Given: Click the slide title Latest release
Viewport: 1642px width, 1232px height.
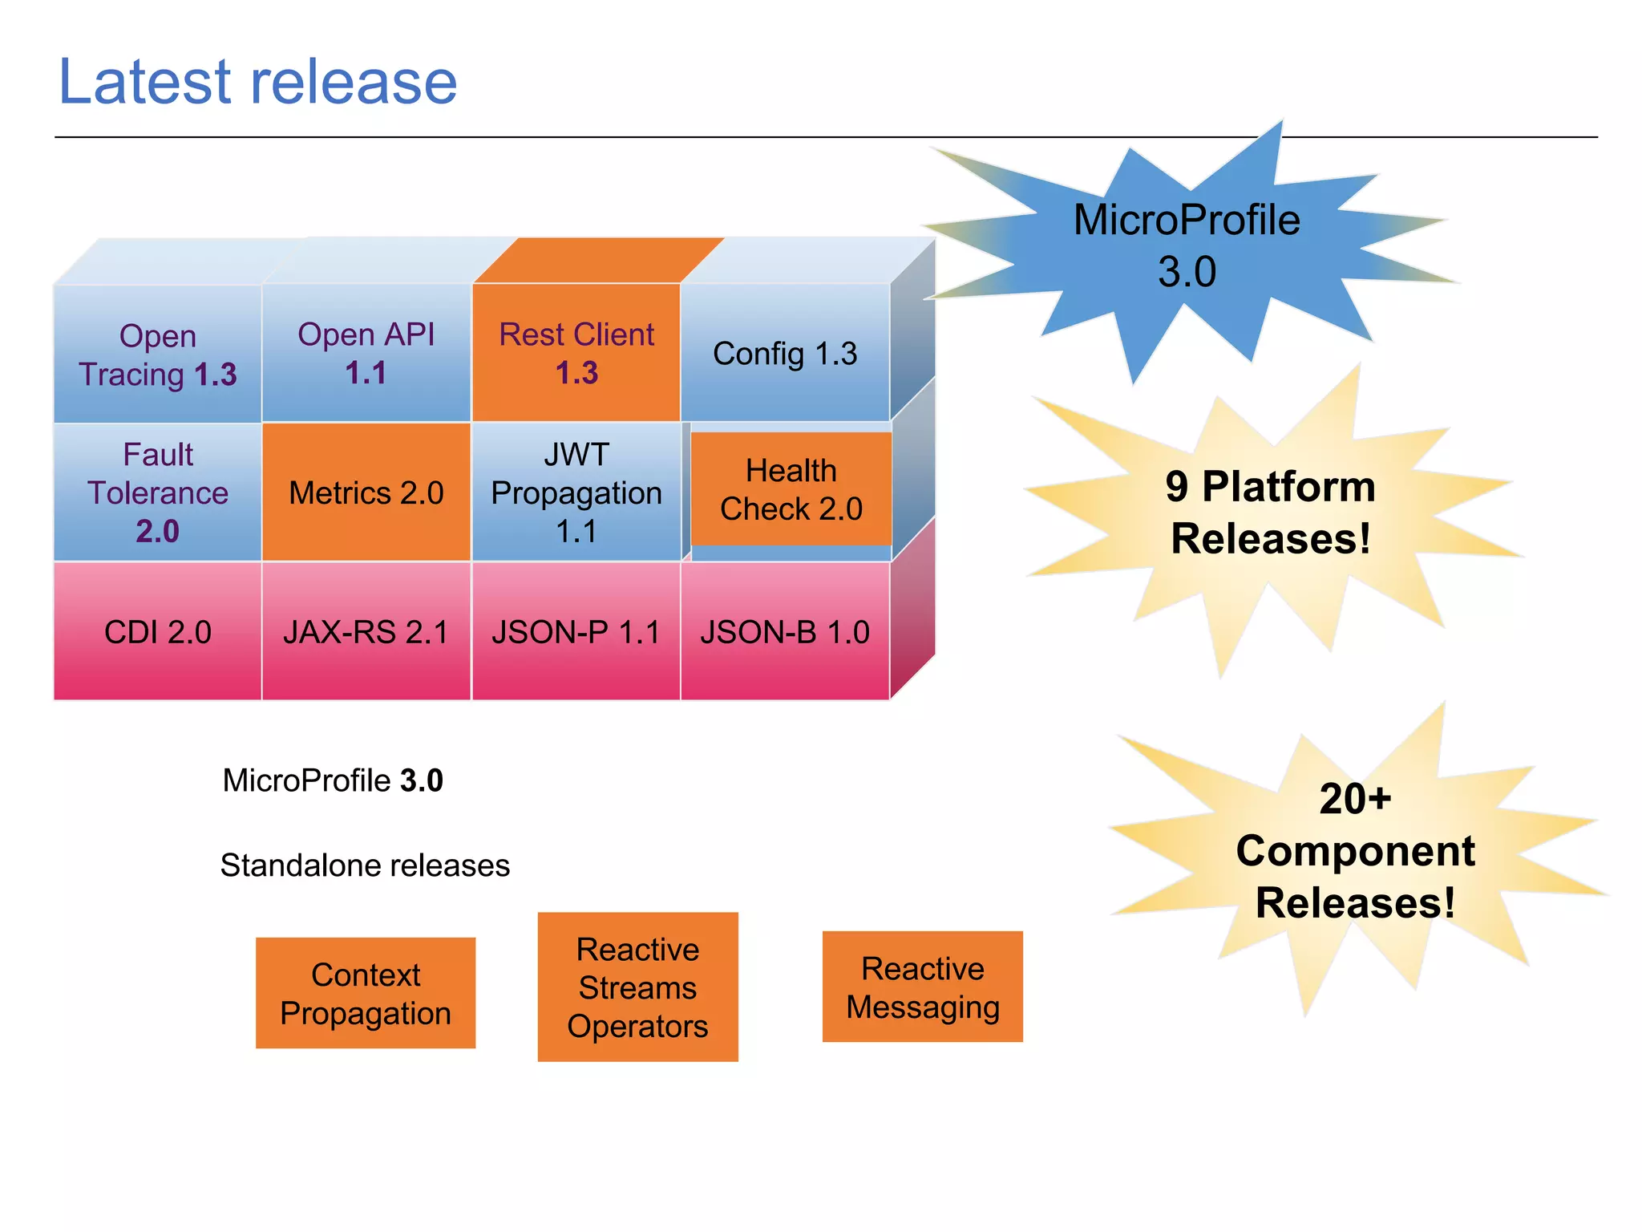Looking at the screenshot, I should pos(257,82).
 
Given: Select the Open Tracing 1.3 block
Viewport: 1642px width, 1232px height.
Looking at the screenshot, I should pos(157,355).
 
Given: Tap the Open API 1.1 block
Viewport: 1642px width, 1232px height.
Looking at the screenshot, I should pos(366,353).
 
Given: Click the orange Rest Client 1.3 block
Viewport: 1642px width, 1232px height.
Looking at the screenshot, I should pos(576,353).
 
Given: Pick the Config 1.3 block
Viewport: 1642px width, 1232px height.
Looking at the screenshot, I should pos(785,354).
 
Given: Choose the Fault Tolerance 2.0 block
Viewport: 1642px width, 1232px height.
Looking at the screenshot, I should pos(157,492).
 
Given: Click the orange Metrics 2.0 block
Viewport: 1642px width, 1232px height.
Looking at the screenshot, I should pos(366,492).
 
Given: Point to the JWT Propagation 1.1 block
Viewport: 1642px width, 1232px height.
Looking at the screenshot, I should pos(576,492).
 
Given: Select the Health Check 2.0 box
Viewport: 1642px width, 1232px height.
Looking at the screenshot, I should pos(791,489).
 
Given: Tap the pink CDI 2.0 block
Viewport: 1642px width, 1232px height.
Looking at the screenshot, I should pos(157,632).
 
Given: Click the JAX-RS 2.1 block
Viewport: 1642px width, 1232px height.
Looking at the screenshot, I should pos(366,632).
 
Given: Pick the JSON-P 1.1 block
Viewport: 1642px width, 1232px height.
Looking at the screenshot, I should pos(576,632).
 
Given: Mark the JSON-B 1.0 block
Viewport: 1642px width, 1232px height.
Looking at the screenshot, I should pos(785,632).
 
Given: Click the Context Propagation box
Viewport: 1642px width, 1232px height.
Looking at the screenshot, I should pos(366,993).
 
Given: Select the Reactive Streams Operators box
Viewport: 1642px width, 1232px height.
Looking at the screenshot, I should pos(637,987).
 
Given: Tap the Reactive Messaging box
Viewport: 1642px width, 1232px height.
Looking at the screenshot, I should pos(922,987).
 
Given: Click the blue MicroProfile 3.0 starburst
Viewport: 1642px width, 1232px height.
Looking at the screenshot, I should pos(1187,245).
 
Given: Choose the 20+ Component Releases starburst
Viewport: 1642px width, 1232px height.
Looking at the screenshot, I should pos(1355,850).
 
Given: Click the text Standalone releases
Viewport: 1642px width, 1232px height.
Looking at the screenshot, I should pos(365,865).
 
